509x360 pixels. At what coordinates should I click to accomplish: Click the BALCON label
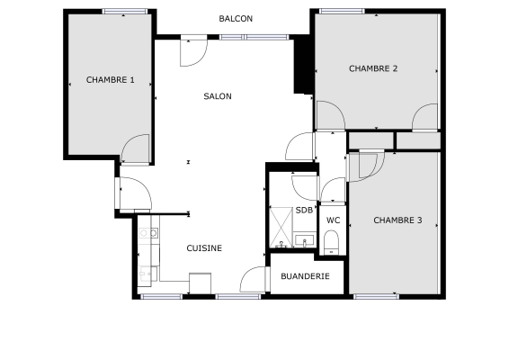click(x=236, y=19)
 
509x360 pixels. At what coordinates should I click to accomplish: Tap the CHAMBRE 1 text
click(x=110, y=80)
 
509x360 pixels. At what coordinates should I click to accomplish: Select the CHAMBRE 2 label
click(x=373, y=68)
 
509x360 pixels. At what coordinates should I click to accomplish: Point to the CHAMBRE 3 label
click(x=397, y=220)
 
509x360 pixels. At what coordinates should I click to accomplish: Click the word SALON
click(x=218, y=96)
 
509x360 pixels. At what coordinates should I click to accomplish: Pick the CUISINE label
click(x=204, y=248)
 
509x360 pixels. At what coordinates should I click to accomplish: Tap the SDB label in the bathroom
click(x=303, y=211)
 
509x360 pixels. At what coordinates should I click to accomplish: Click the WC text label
click(x=332, y=220)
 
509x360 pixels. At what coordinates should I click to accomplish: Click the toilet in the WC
click(x=331, y=240)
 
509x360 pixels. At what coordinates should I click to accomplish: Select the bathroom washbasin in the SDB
click(x=305, y=240)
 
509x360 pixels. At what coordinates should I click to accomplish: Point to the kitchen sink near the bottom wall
click(x=145, y=271)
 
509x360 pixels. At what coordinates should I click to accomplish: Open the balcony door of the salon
click(x=192, y=52)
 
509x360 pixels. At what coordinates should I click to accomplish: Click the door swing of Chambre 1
click(x=136, y=148)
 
